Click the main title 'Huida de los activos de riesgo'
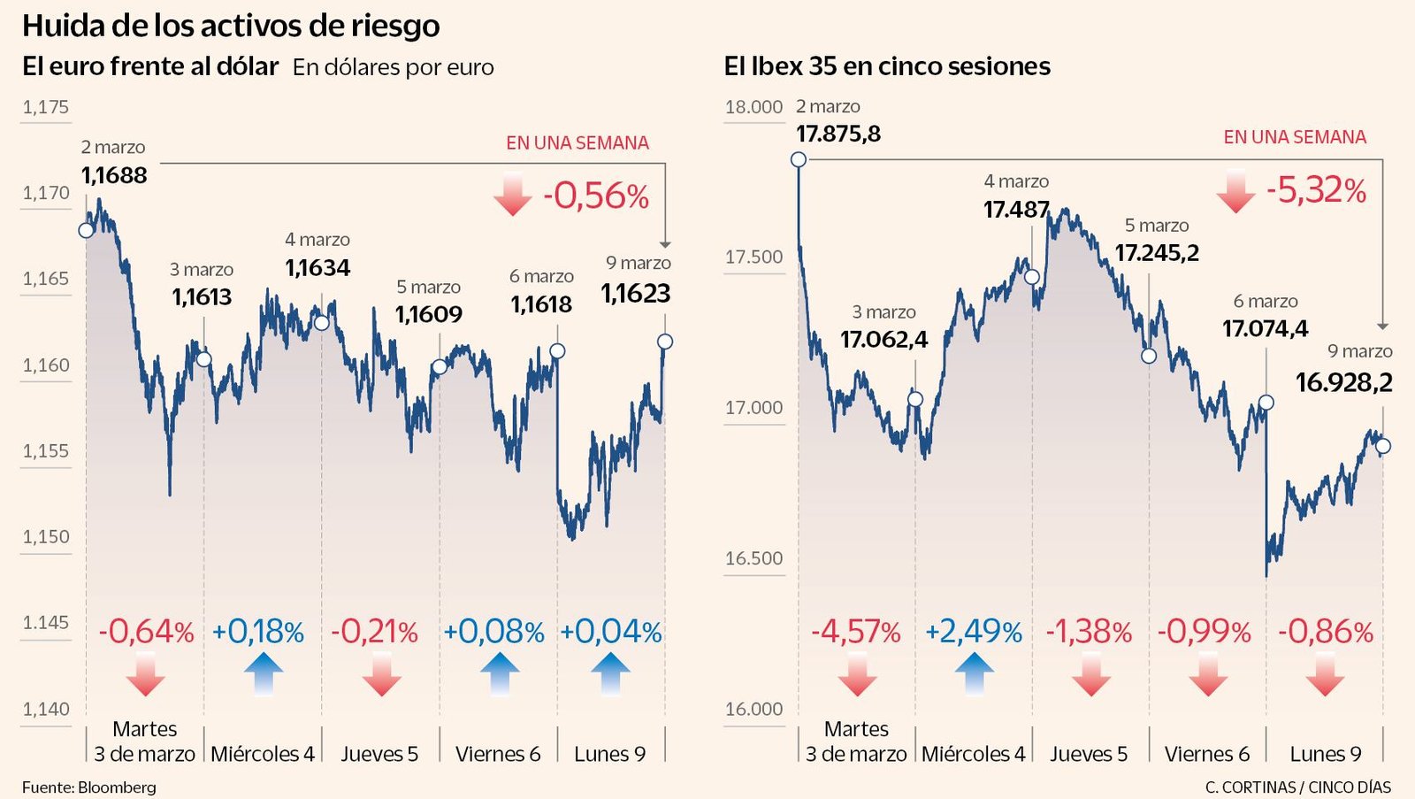click(x=231, y=26)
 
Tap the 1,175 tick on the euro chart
click(x=46, y=107)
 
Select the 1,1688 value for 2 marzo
click(x=114, y=175)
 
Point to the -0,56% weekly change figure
click(x=596, y=196)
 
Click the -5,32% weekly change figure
click(x=1316, y=190)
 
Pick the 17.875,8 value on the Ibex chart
click(x=838, y=134)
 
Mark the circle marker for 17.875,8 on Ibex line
click(x=799, y=159)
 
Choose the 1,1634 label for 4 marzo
click(x=317, y=267)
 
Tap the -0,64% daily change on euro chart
click(x=146, y=632)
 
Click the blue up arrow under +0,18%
click(x=264, y=674)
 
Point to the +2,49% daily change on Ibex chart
click(x=973, y=632)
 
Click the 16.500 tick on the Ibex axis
click(x=753, y=558)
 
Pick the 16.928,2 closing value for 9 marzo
click(x=1343, y=382)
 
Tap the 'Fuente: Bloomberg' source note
click(x=89, y=787)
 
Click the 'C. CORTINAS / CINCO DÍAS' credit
click(x=1297, y=787)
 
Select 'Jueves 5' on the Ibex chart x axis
click(x=1089, y=754)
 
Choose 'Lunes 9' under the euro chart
click(x=609, y=754)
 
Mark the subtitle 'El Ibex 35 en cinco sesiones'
click(x=887, y=66)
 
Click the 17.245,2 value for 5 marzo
click(x=1157, y=253)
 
